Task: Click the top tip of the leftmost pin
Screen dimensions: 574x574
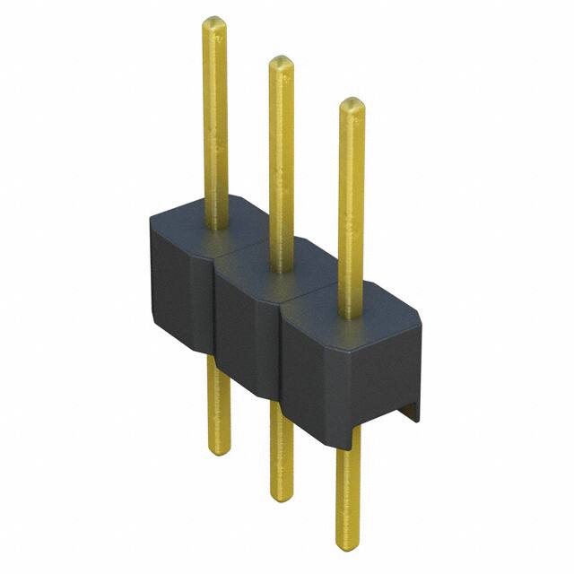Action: click(213, 21)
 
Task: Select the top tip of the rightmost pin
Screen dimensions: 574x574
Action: click(352, 102)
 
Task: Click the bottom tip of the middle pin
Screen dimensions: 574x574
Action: click(282, 495)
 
